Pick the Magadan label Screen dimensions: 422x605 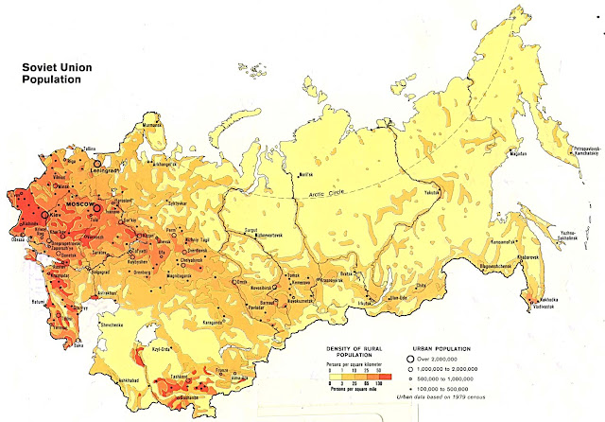click(517, 152)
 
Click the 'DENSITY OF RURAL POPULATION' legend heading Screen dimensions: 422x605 click(363, 351)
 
